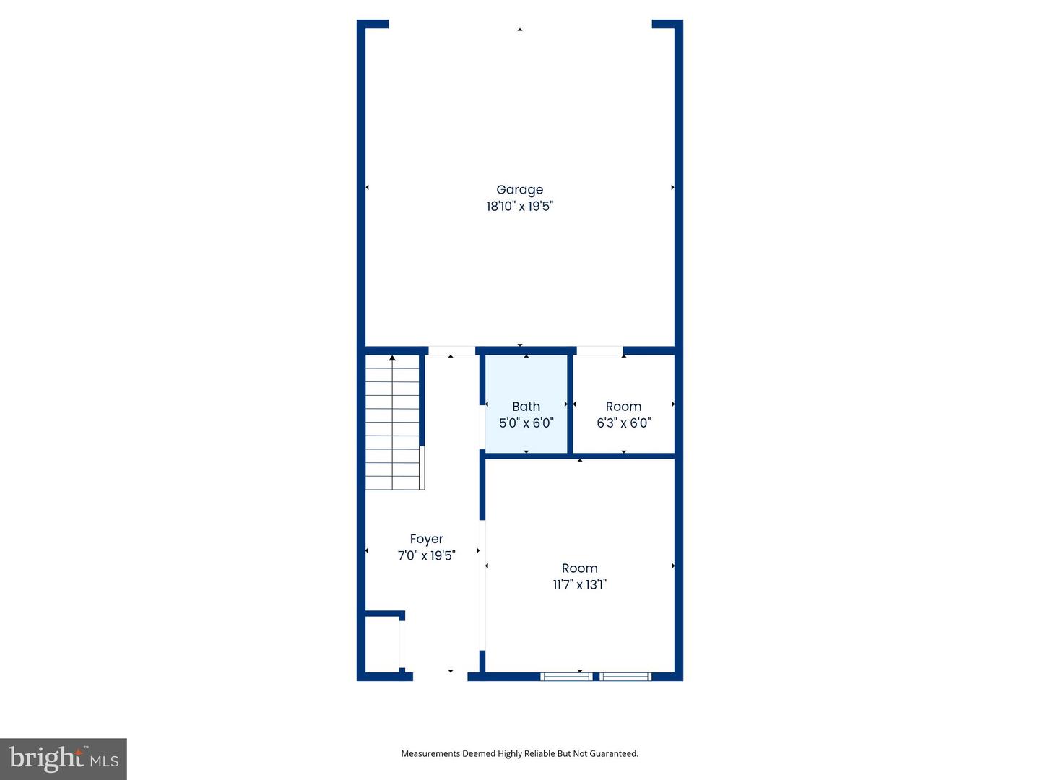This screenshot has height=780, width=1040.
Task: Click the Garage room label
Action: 519,190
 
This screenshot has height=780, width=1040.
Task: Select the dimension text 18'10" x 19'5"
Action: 519,207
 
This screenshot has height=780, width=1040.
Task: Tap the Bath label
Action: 526,407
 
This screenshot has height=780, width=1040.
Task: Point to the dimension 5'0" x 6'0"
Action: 526,423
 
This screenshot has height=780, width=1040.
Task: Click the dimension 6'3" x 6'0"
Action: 623,423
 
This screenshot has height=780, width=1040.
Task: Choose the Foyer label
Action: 426,539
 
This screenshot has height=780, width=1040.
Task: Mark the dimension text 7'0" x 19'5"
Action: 426,555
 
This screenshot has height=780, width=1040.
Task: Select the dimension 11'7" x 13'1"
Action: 579,585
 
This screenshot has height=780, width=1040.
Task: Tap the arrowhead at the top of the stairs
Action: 392,358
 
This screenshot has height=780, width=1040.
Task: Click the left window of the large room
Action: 566,677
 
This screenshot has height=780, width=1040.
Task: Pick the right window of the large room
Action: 625,677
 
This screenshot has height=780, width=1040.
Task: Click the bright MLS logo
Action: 64,759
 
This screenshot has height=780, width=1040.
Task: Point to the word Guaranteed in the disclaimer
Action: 614,753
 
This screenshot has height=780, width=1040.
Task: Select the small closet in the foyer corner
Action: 381,644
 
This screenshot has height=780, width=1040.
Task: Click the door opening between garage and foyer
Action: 451,351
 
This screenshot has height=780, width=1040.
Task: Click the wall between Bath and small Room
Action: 570,404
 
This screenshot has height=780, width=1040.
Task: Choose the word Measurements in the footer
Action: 430,753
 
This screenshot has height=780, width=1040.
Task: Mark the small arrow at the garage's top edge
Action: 519,30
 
